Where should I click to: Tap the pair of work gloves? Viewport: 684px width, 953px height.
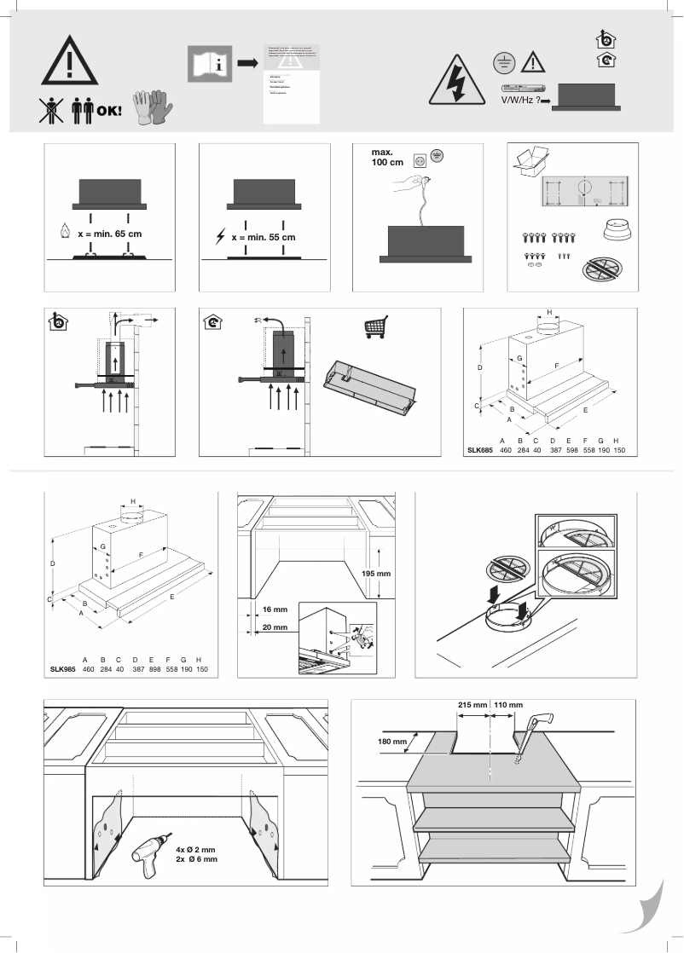coord(153,107)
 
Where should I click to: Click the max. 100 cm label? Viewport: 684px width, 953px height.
coord(389,159)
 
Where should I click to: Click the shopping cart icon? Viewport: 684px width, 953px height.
coord(375,327)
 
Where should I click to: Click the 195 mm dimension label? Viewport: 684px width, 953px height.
coord(375,574)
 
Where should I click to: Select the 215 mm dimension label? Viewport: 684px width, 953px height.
coord(472,706)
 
